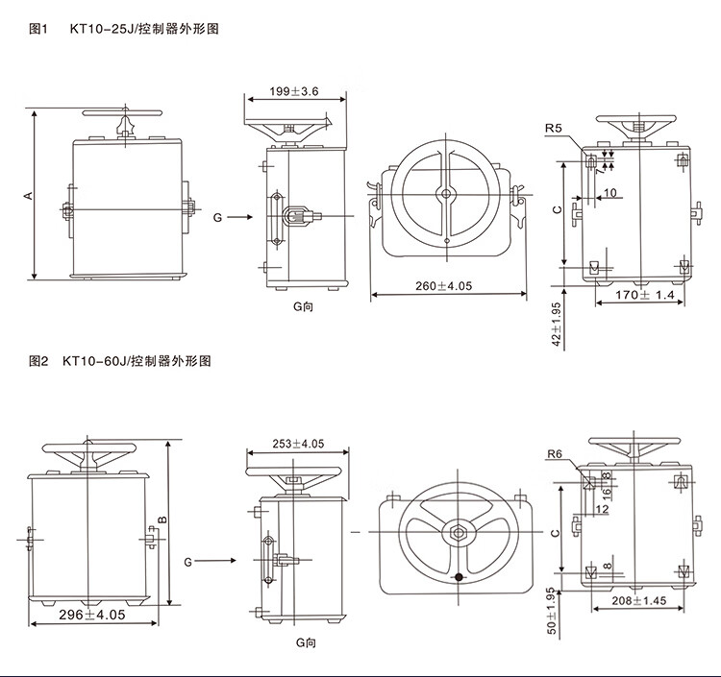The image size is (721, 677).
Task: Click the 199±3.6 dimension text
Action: (294, 91)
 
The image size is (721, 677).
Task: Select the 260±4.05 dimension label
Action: (444, 286)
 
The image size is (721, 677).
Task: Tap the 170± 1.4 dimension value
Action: (645, 295)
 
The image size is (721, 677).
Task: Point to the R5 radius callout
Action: (554, 128)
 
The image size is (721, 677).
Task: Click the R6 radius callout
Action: (555, 454)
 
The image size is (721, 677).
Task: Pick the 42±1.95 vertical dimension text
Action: (557, 325)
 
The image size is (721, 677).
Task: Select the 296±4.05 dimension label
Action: (92, 615)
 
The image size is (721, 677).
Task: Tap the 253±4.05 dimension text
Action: (298, 444)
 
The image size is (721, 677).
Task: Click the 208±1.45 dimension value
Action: (638, 600)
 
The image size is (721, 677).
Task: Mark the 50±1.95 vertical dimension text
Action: (552, 611)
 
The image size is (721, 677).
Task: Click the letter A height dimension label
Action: (29, 195)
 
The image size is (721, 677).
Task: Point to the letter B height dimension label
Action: (162, 520)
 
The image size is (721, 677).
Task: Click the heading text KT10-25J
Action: (101, 29)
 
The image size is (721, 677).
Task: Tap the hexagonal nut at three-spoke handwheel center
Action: (458, 533)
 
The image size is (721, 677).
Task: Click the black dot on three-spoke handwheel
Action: (459, 577)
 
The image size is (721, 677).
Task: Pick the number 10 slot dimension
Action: (609, 192)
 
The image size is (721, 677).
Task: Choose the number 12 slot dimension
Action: (602, 509)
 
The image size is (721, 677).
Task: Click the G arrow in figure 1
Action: (240, 217)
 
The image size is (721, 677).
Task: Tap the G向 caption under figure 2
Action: (306, 642)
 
